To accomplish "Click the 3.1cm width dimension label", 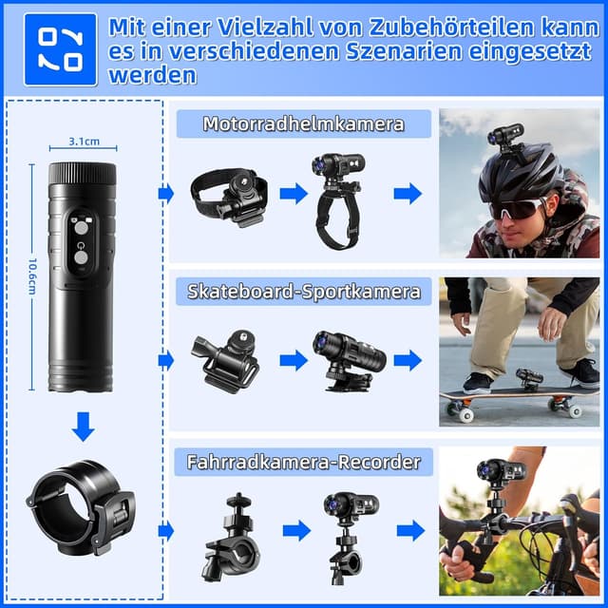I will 84,142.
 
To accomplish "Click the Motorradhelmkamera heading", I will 303,123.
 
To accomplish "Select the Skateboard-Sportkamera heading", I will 303,291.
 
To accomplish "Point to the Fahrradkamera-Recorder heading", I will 303,463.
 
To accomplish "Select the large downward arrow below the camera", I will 84,427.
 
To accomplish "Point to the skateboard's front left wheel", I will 466,414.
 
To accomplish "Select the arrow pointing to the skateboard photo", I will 408,360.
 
